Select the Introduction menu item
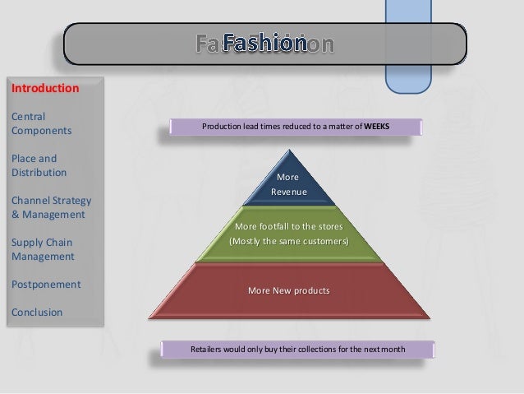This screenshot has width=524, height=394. [44, 87]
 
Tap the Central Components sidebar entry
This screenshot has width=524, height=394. [41, 123]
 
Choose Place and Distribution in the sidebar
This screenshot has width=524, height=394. [39, 165]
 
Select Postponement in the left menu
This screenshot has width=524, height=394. [45, 285]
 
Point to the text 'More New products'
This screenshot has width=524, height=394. [288, 290]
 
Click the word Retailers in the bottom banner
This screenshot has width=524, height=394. [209, 350]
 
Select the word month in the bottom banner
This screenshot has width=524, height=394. [391, 350]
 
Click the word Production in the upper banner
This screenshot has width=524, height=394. [223, 127]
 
